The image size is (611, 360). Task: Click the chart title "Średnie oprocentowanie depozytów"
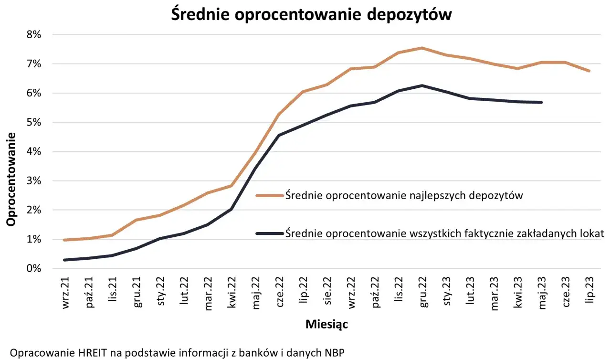311,14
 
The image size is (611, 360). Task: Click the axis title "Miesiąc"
327,325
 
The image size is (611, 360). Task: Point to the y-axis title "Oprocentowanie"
11,179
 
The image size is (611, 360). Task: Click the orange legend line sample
270,195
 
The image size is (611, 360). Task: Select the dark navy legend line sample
270,233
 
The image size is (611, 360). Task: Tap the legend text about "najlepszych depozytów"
404,195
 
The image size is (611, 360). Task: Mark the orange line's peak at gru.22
422,48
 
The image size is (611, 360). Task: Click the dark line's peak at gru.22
422,85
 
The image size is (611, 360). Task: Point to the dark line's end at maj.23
542,102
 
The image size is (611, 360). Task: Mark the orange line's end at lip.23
590,71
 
